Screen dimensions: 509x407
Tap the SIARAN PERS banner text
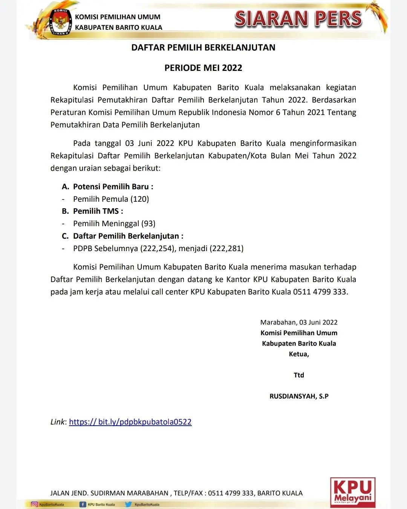tap(298, 19)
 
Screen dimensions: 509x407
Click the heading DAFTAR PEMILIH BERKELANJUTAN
tap(203, 48)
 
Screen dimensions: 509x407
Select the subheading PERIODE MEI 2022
tap(203, 68)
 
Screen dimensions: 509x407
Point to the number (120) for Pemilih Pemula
tap(140, 199)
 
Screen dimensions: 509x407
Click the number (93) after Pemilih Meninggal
tap(148, 224)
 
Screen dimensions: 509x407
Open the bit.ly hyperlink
tap(130, 422)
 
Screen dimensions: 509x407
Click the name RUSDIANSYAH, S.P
tap(299, 396)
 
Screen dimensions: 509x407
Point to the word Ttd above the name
tap(299, 375)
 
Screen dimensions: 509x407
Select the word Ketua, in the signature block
tap(299, 354)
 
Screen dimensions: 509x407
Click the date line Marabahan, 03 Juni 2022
tap(299, 322)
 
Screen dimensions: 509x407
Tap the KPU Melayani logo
tap(352, 492)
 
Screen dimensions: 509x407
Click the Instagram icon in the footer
tap(34, 504)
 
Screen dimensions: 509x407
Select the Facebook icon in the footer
tap(83, 504)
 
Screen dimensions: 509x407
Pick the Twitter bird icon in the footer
tap(129, 504)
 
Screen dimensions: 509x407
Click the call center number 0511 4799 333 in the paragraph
tap(320, 292)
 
